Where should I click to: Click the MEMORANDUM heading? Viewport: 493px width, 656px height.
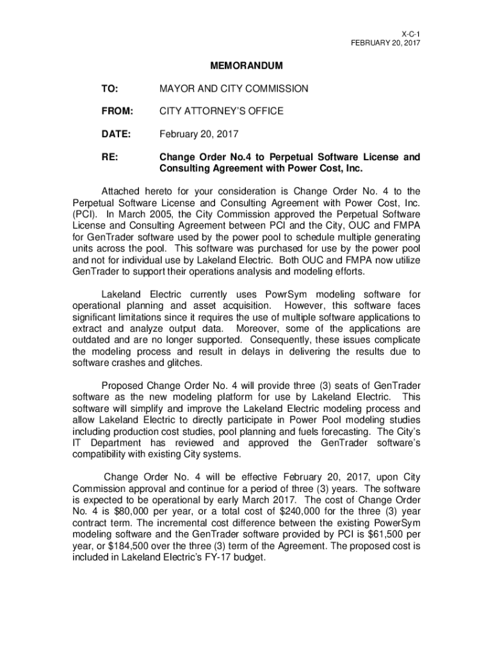click(247, 66)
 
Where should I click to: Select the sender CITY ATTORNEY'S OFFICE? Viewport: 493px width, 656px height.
click(221, 111)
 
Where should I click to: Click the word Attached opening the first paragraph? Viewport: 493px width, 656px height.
click(124, 191)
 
